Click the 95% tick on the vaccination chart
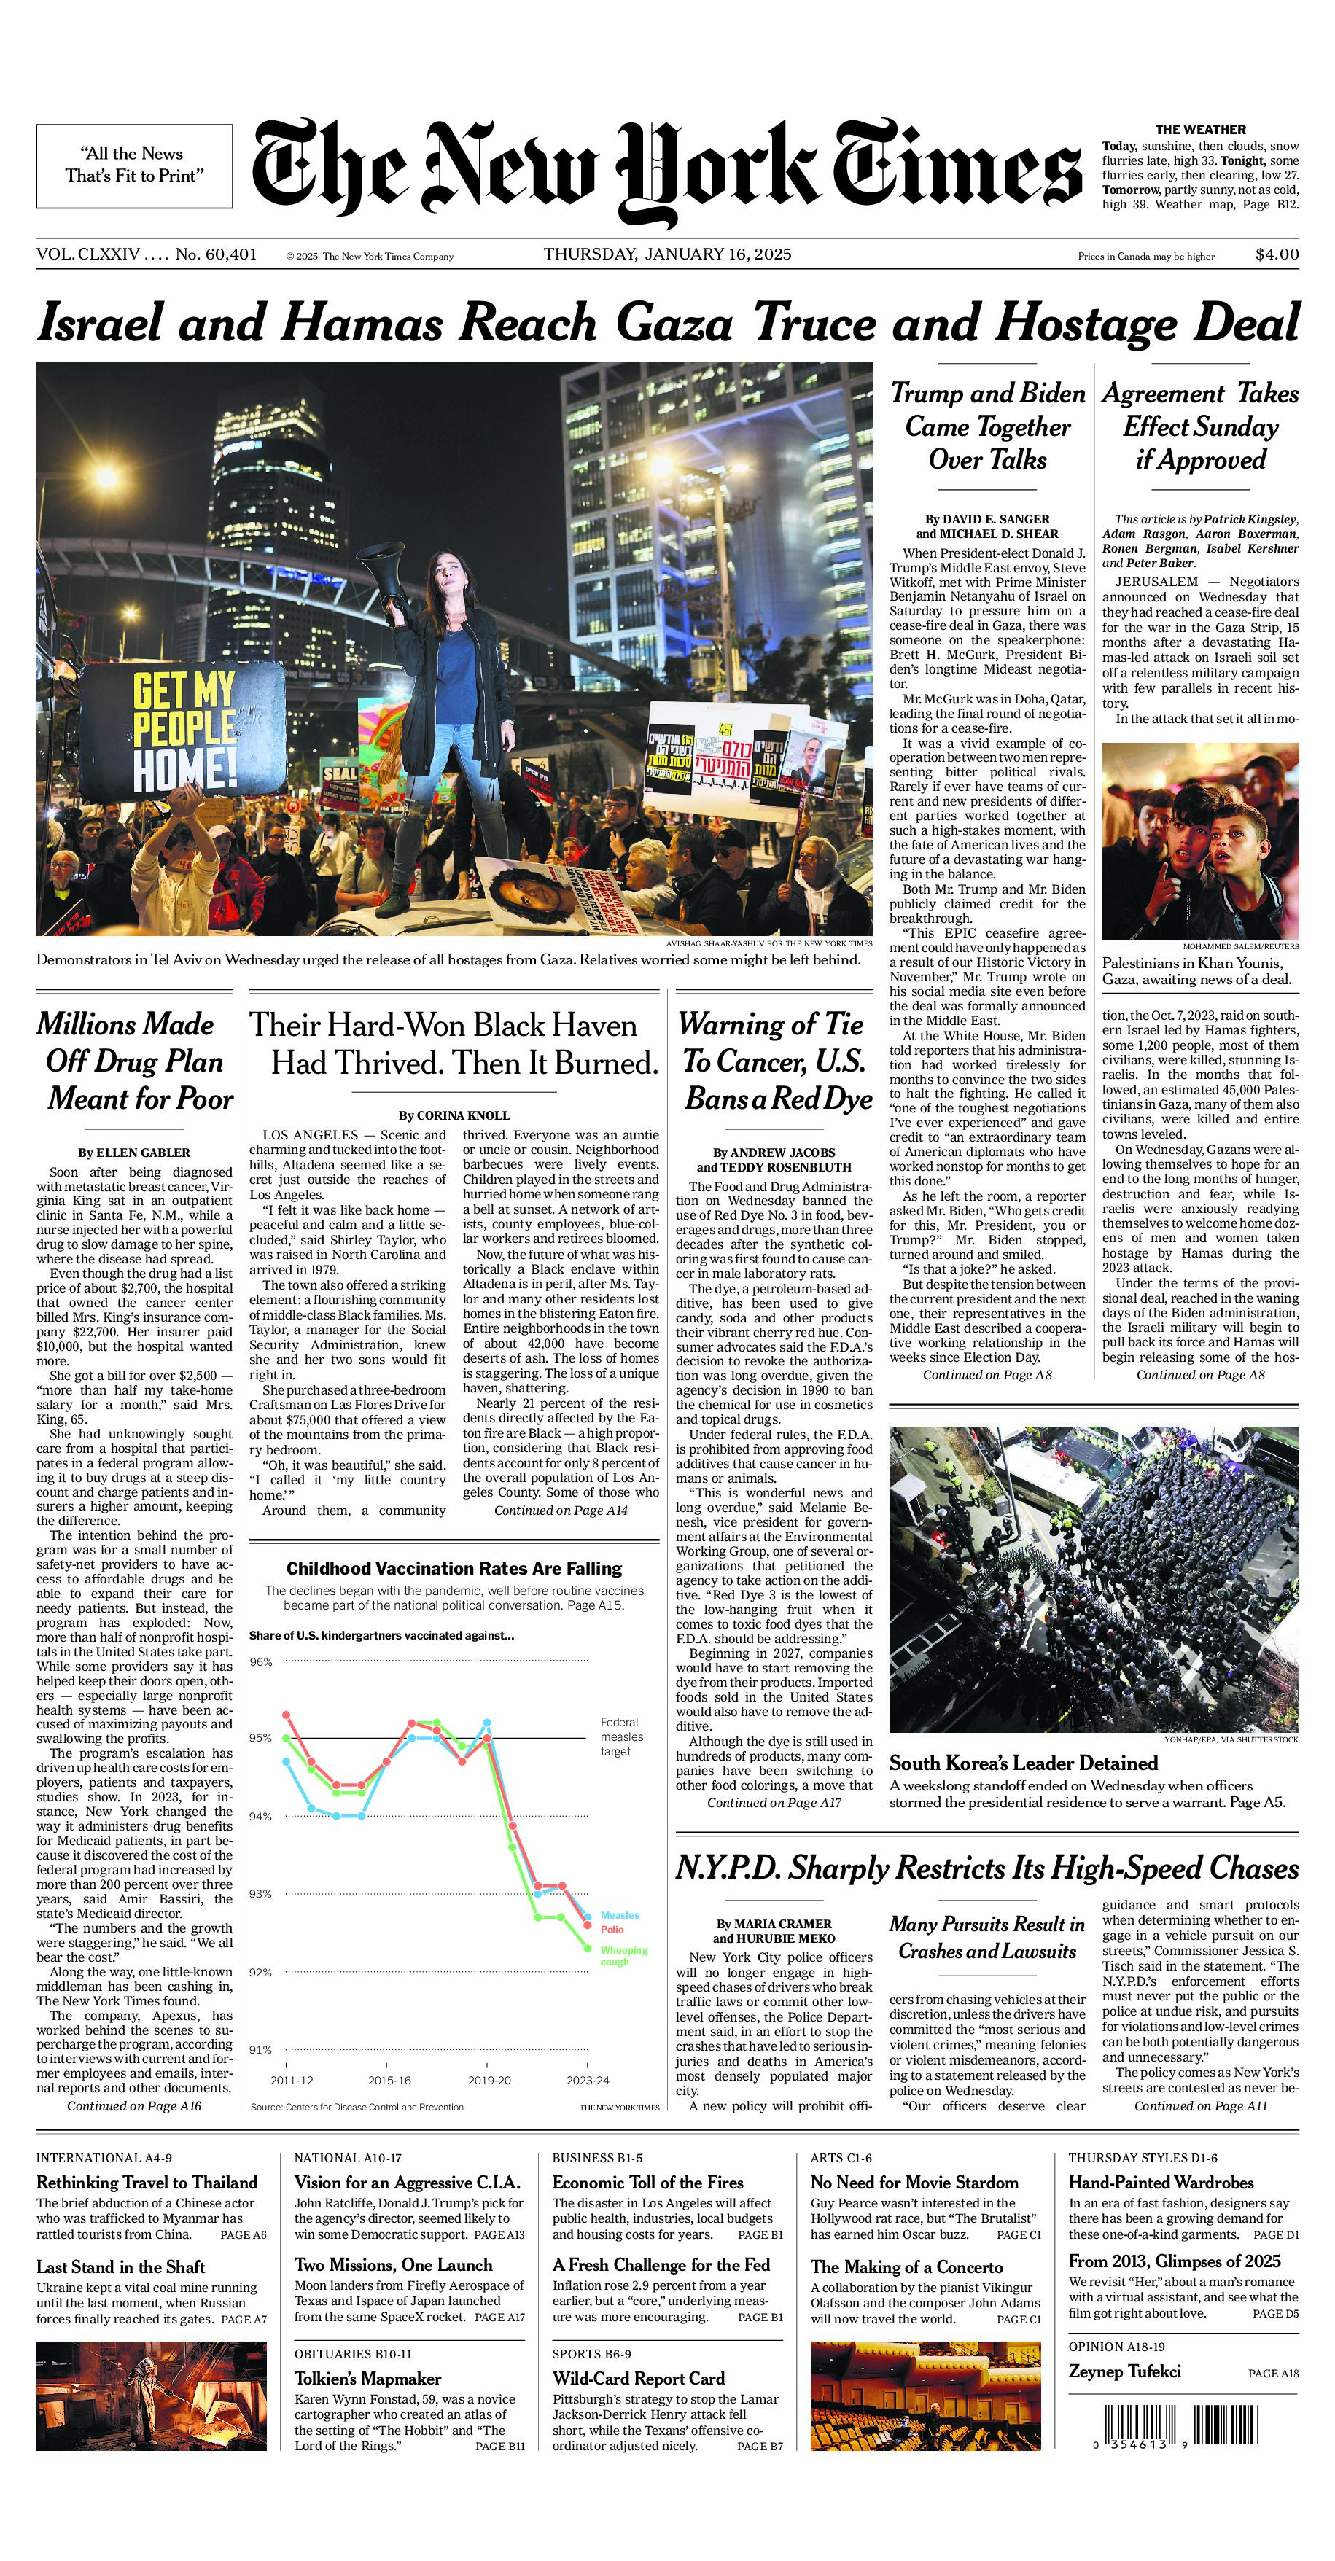(260, 1738)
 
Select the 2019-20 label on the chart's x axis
(489, 2080)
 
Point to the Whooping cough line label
(623, 1955)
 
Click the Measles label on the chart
(619, 1915)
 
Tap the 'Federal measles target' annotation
(621, 1736)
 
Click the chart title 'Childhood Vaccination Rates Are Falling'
(454, 1568)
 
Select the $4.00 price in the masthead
(1277, 254)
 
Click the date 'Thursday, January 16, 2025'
(667, 254)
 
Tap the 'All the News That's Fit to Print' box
(134, 165)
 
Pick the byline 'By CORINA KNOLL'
(454, 1115)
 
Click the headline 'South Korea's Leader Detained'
(1023, 1763)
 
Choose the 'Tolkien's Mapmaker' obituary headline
(367, 2378)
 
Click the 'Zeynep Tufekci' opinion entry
(1124, 2371)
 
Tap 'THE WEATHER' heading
(1200, 129)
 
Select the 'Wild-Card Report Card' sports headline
(638, 2378)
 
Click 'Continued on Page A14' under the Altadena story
(561, 1511)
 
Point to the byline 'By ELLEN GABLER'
(134, 1153)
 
